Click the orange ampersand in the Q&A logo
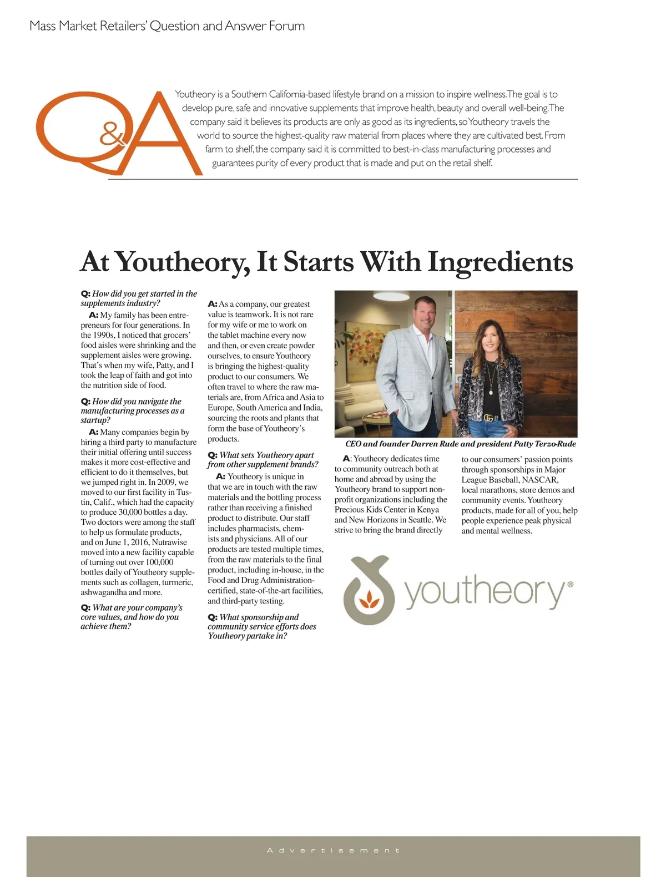(x=113, y=134)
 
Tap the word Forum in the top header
(x=286, y=26)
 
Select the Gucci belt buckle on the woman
(x=490, y=418)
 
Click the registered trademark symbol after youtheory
(x=571, y=584)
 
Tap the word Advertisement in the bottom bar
(x=333, y=850)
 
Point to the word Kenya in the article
(x=428, y=509)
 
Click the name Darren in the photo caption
(x=425, y=444)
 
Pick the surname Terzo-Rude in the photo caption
(x=555, y=444)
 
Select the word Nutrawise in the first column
(x=170, y=542)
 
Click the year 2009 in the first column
(x=166, y=482)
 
